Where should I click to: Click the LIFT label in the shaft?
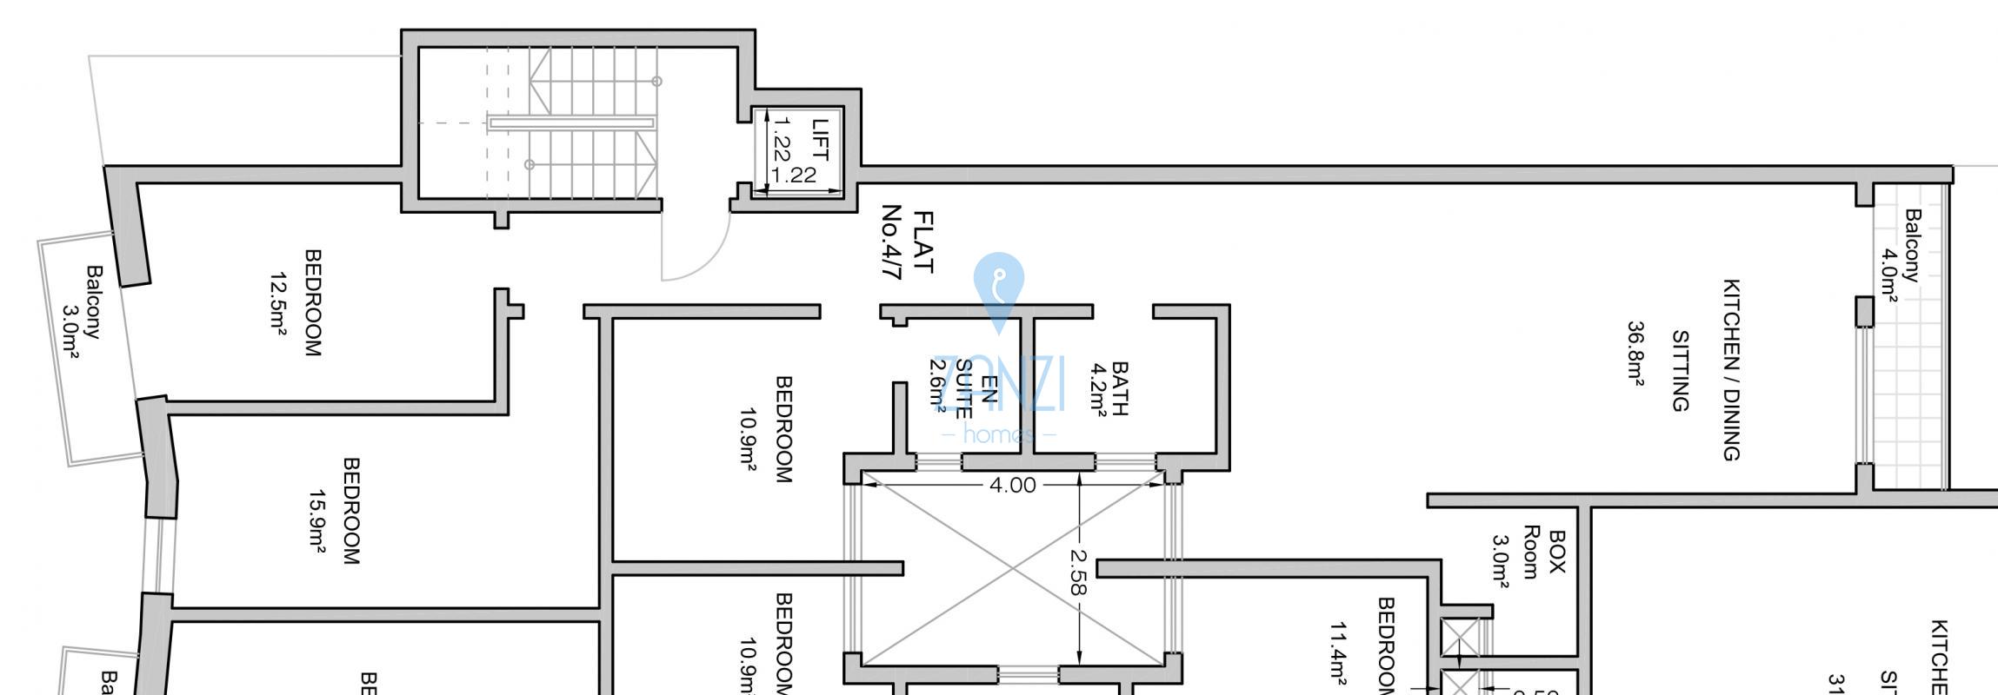820,139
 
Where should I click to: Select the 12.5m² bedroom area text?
278,303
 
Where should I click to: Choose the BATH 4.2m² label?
1109,389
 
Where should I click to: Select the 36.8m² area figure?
1635,352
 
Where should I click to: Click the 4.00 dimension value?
1013,485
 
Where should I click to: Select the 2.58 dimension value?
1078,572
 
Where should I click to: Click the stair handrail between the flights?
571,123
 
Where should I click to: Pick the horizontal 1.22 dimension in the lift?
793,175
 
